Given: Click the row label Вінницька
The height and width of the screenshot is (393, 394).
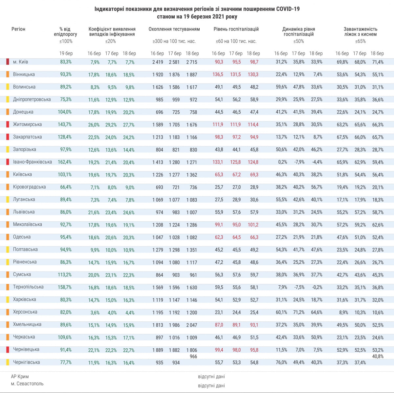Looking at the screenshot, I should pos(24,75).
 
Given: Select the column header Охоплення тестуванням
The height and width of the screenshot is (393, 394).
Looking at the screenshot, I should pos(174,29).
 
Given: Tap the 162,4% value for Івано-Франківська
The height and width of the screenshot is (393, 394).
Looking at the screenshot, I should pos(65,162).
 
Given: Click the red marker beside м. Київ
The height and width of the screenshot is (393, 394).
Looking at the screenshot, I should pos(8,62).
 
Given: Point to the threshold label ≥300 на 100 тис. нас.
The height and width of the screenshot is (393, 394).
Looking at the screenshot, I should pos(174,41).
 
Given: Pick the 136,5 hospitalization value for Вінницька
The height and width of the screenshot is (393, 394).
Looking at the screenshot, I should pos(218,75).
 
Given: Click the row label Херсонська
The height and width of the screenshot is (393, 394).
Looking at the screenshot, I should pos(25,312).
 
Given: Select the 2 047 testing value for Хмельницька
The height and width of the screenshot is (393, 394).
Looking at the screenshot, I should pos(191,325).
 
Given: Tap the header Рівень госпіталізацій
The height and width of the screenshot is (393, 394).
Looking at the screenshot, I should pos(236,29).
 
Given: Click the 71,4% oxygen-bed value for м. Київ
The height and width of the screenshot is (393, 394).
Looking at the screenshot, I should pos(378,62).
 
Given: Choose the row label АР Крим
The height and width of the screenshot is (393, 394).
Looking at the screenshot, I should pos(20,377).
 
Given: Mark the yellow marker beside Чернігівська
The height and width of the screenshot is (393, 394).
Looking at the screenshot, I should pos(8,362).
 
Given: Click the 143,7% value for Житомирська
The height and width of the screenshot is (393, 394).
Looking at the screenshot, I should pos(65,125).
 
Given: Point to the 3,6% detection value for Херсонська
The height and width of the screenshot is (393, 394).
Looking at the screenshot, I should pos(95,313).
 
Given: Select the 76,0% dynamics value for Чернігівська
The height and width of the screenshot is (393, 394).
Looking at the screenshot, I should pos(281,362).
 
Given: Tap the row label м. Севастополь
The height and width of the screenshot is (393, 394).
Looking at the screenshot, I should pos(27,384).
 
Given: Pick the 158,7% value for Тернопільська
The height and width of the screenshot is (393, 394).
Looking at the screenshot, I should pos(65,287).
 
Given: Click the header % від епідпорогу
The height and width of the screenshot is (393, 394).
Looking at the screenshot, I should pos(65,32).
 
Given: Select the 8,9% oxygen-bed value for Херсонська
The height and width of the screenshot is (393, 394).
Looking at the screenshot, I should pos(343,313).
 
